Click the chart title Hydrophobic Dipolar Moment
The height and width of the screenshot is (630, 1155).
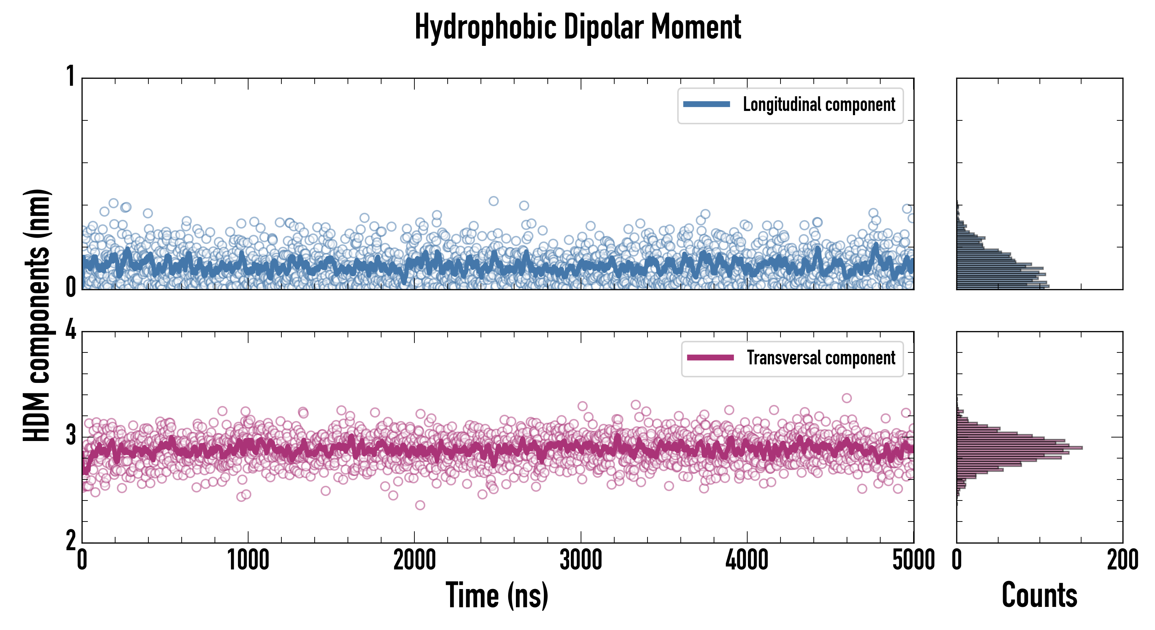(577, 27)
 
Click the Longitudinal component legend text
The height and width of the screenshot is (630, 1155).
(819, 105)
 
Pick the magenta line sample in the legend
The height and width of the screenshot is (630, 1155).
(710, 358)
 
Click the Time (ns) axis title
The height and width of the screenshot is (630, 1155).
(497, 595)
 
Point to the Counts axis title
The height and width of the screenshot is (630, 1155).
(1039, 595)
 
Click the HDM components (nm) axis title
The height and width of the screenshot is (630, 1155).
(37, 316)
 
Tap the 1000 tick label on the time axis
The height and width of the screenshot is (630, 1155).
(248, 560)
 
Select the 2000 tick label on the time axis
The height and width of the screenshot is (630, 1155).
(414, 560)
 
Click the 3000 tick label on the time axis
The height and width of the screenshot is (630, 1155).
(581, 560)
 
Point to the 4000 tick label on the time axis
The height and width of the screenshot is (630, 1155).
(747, 560)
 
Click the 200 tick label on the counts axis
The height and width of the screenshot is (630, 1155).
(1122, 560)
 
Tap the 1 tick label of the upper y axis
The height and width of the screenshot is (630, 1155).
(70, 76)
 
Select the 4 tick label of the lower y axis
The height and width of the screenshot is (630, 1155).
(70, 330)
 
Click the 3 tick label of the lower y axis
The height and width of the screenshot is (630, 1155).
(70, 436)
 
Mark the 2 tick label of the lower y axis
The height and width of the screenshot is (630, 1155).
(70, 541)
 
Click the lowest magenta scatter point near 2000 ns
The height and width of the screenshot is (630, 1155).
(420, 505)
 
